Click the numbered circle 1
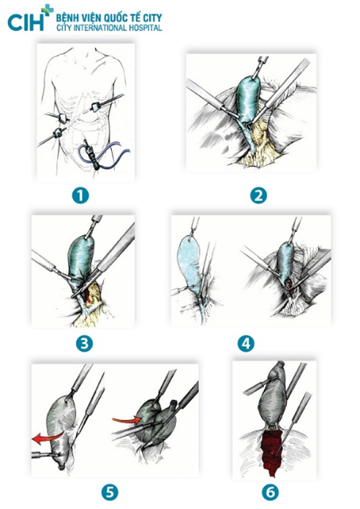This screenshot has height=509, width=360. [x=80, y=196]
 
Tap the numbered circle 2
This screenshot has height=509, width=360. [x=258, y=196]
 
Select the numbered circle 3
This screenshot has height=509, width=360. [x=84, y=343]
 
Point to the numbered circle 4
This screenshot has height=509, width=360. [x=246, y=343]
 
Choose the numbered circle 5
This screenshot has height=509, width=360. [x=110, y=492]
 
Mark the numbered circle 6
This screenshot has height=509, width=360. [x=270, y=492]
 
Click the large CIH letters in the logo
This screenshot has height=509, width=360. [x=26, y=22]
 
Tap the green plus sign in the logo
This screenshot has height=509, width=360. [x=48, y=10]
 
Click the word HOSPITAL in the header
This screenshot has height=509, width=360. [x=144, y=28]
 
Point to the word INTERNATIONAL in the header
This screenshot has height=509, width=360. [x=100, y=28]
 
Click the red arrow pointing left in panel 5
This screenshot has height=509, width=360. [x=45, y=437]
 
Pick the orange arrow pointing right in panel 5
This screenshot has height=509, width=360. [x=127, y=420]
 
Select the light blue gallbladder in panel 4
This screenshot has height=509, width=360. [x=189, y=258]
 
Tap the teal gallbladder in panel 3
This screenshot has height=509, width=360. [x=81, y=256]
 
